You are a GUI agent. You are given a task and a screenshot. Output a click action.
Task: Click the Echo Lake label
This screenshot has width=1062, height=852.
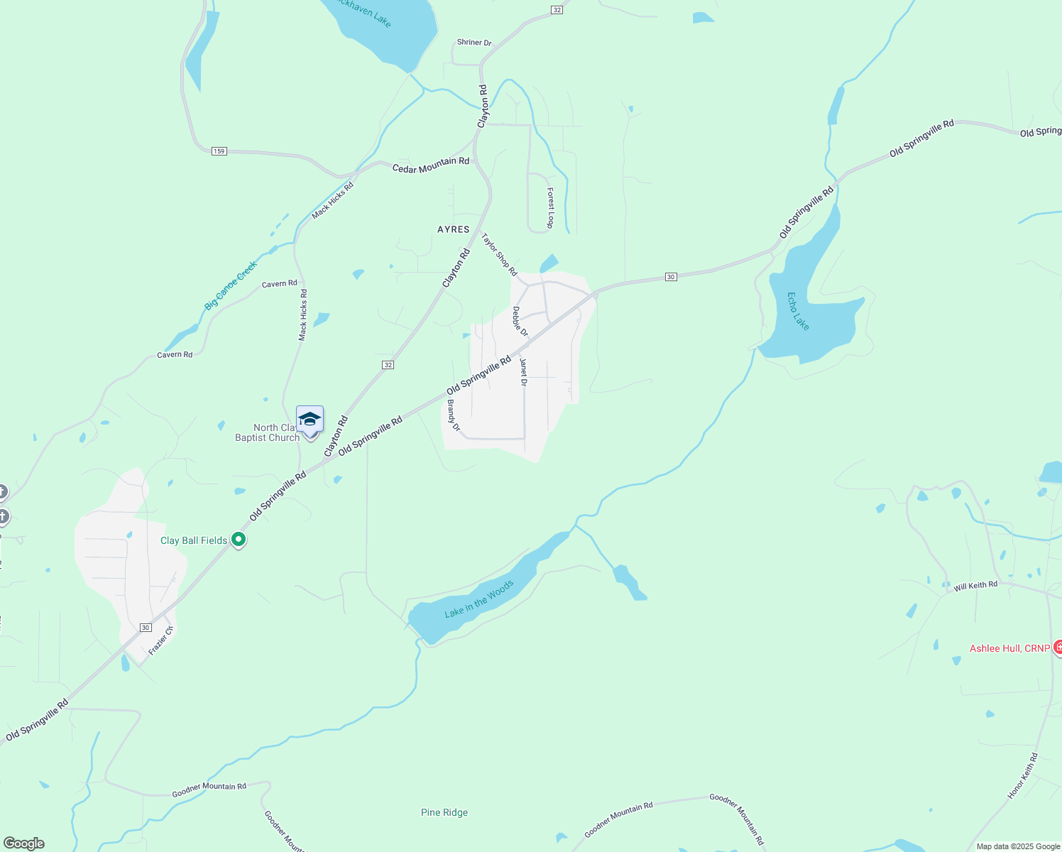pos(799,311)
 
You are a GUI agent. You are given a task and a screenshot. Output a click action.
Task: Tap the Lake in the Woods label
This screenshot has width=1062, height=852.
pos(478,599)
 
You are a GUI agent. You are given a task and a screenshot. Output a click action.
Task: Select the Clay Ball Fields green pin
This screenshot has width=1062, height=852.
pos(239,540)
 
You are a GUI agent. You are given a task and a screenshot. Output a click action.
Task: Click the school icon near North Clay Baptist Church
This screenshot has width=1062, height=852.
pos(310,420)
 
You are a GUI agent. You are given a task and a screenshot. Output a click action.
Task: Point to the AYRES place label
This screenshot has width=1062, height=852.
pos(454,229)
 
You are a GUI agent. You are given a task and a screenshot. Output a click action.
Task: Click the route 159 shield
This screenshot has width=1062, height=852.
pos(219,151)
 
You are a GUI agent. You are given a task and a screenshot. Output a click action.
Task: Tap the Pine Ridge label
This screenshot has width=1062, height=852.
pos(444,812)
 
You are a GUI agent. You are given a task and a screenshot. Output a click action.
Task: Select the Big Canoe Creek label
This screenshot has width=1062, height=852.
pos(231,285)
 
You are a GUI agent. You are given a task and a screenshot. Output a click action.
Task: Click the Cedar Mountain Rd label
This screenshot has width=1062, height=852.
pos(431,165)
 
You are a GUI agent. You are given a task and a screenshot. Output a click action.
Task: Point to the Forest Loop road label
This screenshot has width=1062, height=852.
pos(551,208)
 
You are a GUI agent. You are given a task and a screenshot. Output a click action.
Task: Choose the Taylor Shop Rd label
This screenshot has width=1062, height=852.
pos(500,254)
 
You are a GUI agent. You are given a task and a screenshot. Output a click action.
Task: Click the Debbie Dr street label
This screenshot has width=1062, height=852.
pos(520,322)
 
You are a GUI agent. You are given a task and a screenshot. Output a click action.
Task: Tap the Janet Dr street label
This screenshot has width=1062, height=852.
pos(524,372)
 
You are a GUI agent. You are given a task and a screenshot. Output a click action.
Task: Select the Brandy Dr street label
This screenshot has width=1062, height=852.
pos(454,415)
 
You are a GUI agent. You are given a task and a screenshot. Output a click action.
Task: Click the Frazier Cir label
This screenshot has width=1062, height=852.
pos(161,640)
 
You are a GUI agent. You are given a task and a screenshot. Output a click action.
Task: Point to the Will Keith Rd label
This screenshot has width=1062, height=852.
pos(975,586)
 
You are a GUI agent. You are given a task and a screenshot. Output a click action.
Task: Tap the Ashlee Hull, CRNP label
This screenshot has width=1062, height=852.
pos(1009,648)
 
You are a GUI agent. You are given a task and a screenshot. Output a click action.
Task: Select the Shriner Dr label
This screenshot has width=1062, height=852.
pos(474,43)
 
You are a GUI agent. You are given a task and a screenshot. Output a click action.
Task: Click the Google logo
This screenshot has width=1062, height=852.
pos(24,843)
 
